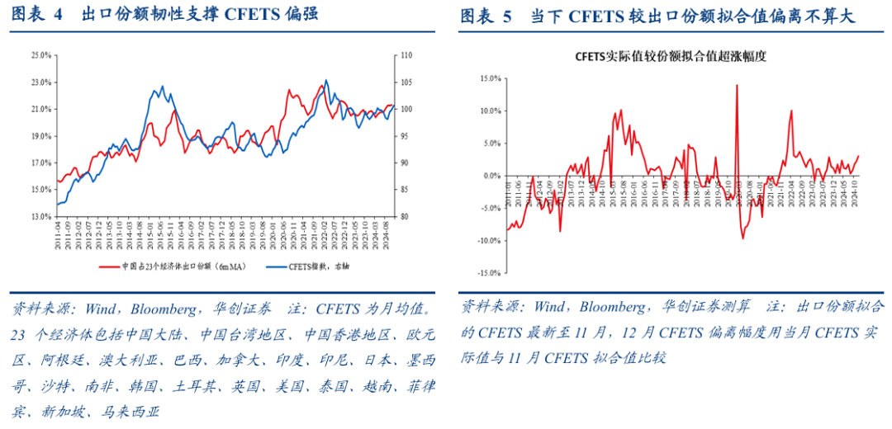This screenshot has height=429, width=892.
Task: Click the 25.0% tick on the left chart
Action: click(x=40, y=55)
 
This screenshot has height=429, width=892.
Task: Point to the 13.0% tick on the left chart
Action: click(x=40, y=217)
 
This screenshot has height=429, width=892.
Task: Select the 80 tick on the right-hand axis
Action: click(x=405, y=217)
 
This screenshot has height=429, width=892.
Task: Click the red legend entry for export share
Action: click(x=165, y=266)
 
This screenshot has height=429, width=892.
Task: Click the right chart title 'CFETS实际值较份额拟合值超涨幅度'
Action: click(x=671, y=57)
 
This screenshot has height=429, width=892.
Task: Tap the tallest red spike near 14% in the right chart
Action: click(x=736, y=85)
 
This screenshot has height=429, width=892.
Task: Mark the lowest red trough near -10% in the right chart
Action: click(x=743, y=238)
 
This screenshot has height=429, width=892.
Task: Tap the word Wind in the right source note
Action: click(x=549, y=306)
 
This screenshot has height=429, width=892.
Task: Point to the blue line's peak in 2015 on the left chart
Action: click(x=162, y=87)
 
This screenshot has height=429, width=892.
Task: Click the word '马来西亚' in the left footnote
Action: click(x=128, y=412)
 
